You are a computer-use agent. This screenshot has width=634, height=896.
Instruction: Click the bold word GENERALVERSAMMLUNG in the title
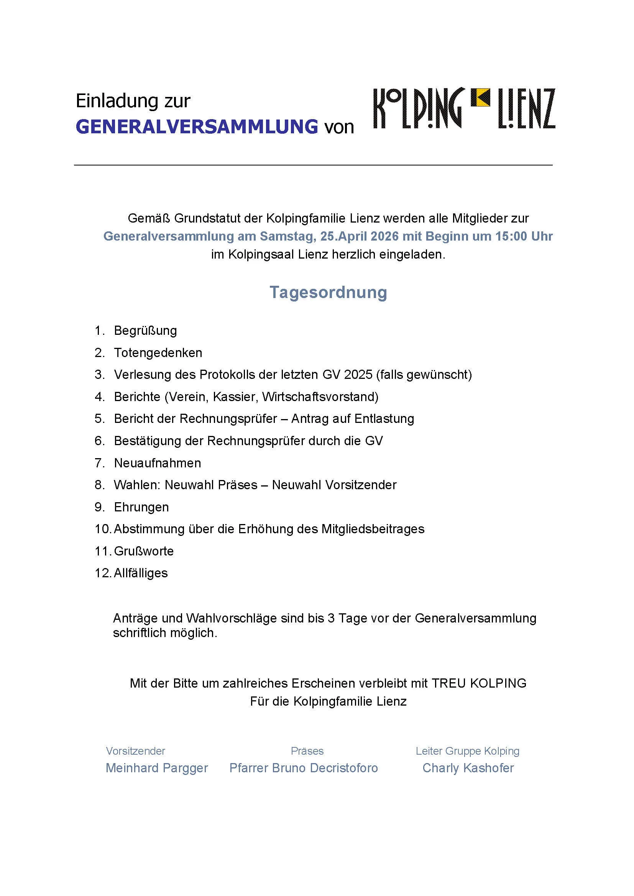(x=197, y=127)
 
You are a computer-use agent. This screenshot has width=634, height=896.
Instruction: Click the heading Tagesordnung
(x=328, y=292)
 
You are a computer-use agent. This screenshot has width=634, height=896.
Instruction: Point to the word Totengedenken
(x=158, y=353)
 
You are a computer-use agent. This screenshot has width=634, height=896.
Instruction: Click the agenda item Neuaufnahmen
(x=157, y=463)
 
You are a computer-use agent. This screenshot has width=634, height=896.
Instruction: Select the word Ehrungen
(x=141, y=507)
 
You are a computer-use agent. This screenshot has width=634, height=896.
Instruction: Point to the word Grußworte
(x=144, y=551)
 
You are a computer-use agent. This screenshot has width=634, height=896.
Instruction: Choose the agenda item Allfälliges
(x=141, y=573)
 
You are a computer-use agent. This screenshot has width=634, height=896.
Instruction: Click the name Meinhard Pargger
(x=156, y=768)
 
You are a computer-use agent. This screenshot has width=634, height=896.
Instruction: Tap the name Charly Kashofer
(x=468, y=768)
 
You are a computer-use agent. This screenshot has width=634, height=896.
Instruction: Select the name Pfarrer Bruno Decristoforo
(x=303, y=768)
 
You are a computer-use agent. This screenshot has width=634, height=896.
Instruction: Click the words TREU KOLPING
(x=479, y=683)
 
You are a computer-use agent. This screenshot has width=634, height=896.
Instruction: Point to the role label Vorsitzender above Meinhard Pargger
(x=135, y=751)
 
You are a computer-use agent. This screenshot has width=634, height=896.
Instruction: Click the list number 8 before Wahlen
(x=99, y=485)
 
